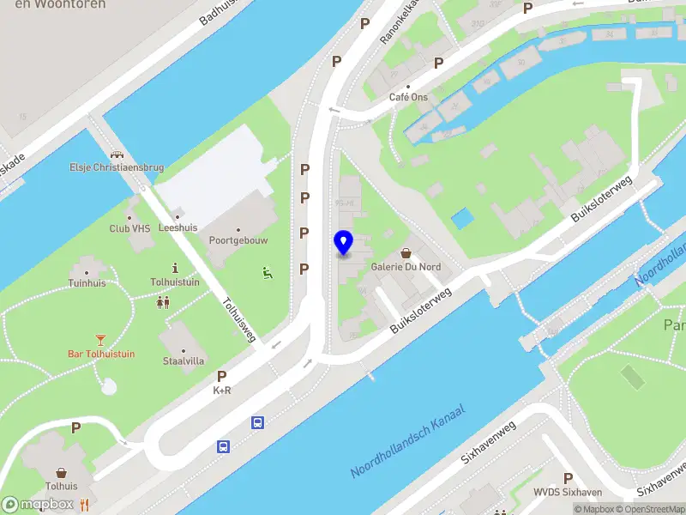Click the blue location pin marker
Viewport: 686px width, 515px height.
[x=344, y=243]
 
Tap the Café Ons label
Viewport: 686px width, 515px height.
[x=408, y=97]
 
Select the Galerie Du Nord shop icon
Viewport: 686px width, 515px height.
[x=406, y=253]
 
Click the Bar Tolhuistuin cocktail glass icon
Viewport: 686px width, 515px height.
[x=101, y=340]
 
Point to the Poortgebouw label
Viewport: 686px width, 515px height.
[x=238, y=240]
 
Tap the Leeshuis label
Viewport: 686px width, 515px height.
[x=178, y=227]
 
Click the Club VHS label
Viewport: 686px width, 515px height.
[x=130, y=229]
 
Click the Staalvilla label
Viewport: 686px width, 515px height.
[x=184, y=360]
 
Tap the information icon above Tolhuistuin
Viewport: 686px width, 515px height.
[x=175, y=268]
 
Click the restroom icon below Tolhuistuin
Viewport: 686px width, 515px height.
[x=163, y=302]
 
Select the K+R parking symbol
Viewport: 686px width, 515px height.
[x=222, y=376]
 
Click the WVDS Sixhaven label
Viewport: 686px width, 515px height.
[x=567, y=492]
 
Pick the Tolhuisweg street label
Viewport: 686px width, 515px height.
[x=239, y=320]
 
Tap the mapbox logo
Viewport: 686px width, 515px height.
[x=39, y=504]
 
